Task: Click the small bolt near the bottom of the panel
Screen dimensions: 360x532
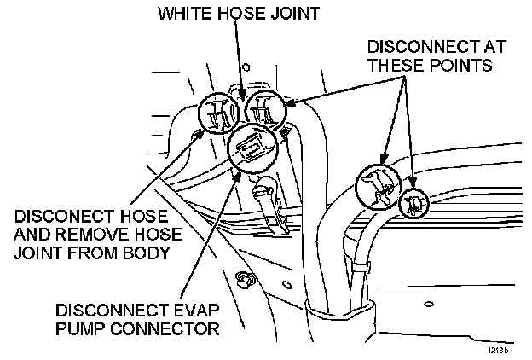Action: tap(246, 278)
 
